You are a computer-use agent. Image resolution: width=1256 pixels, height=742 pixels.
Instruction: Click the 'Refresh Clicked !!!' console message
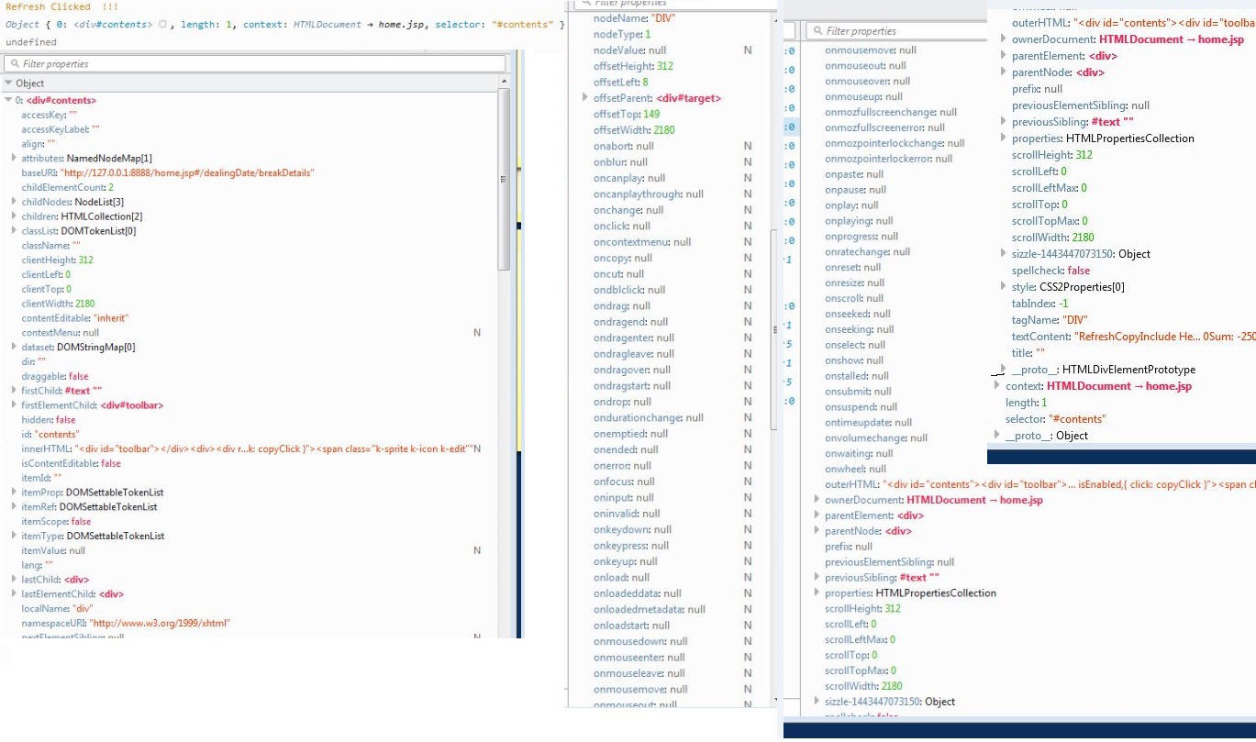click(61, 6)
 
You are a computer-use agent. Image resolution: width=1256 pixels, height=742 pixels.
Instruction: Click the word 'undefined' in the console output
click(31, 42)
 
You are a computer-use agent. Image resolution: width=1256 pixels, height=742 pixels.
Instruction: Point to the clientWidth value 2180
click(84, 304)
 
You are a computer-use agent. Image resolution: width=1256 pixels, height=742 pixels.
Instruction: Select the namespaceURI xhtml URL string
click(159, 624)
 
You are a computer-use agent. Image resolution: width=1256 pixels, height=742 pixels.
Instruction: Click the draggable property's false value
click(79, 376)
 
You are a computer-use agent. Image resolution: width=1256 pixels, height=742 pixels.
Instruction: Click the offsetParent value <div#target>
click(688, 98)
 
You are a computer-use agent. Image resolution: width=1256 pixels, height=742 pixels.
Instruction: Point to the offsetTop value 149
click(651, 115)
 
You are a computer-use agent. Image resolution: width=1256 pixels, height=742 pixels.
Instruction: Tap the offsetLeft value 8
click(645, 83)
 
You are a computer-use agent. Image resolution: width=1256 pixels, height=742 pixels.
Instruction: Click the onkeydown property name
click(619, 529)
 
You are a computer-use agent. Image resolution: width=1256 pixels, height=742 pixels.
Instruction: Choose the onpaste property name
click(843, 174)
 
